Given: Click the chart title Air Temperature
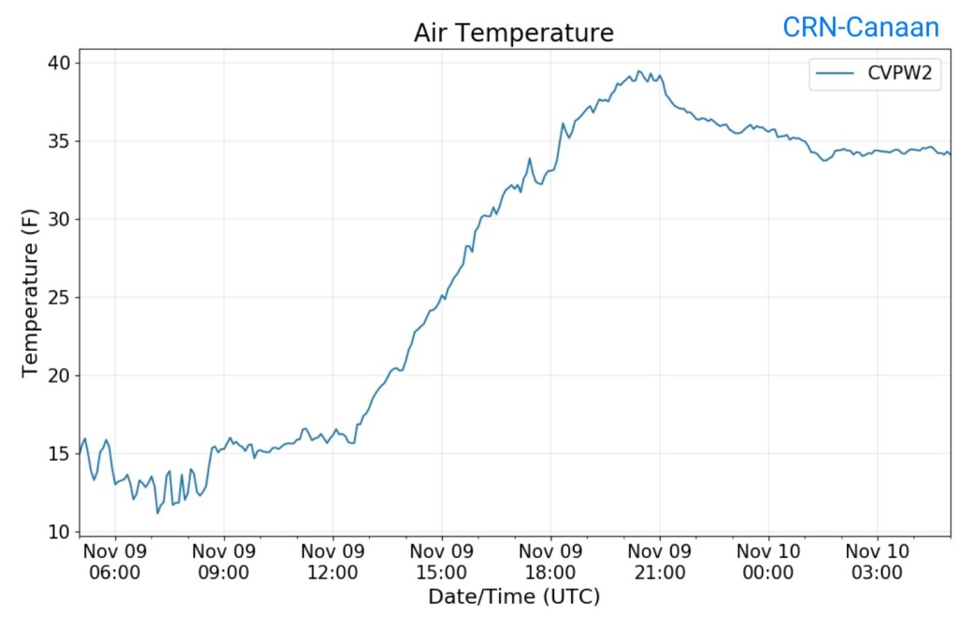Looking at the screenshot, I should point(514,34).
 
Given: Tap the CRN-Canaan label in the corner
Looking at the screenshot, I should point(861,28).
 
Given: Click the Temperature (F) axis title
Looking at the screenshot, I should point(31,292).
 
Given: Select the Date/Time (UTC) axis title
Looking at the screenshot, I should point(514,596).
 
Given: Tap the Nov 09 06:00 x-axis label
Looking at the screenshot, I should point(115,561).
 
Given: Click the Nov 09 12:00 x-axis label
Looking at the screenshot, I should point(333,561).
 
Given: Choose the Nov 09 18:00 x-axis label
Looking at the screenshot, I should point(550,561).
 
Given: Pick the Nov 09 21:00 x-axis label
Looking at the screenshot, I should point(660,561).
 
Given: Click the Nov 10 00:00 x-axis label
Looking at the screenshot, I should point(768,561).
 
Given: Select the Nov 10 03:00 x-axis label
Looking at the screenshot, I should point(878,561).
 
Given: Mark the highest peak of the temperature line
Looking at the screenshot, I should point(639,71).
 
